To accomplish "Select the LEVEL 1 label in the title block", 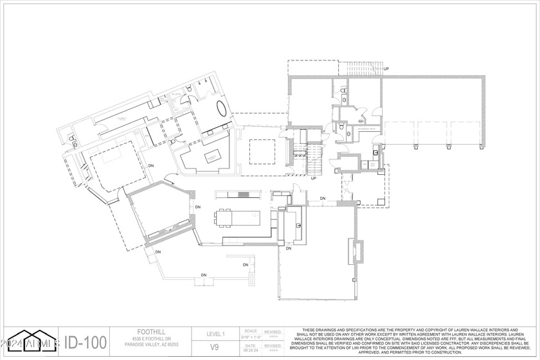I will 215,334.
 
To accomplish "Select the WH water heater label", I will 361,121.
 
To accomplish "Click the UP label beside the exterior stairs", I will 386,69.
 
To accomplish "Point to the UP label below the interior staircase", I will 313,178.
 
